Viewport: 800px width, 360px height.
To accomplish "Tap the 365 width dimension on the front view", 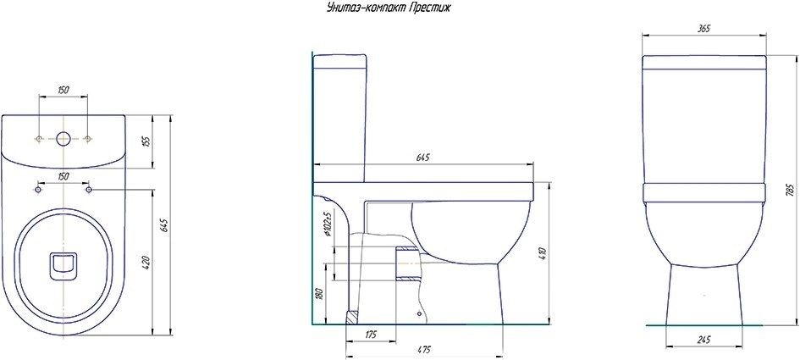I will click(703, 29).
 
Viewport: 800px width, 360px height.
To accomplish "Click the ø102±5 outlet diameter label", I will click(326, 224).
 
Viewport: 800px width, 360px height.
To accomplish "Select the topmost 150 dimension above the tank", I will click(63, 89).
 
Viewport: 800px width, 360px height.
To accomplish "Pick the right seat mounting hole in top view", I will click(88, 190).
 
